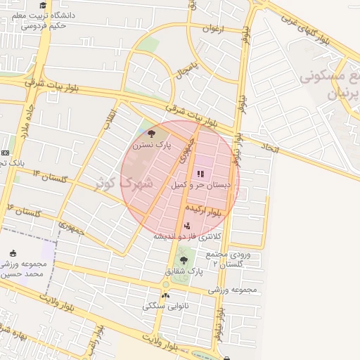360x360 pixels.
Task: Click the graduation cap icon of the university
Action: point(43,6)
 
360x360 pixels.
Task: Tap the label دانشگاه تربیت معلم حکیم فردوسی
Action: point(44,21)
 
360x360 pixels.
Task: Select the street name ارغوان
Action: point(212,29)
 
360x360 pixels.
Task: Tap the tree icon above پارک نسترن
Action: point(152,133)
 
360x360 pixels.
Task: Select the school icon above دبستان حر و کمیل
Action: point(200,173)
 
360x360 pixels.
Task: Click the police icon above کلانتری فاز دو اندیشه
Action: point(187,226)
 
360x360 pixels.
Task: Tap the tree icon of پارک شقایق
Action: point(184,260)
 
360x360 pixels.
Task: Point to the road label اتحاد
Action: point(271,148)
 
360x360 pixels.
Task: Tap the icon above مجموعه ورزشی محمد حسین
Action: point(13,254)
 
